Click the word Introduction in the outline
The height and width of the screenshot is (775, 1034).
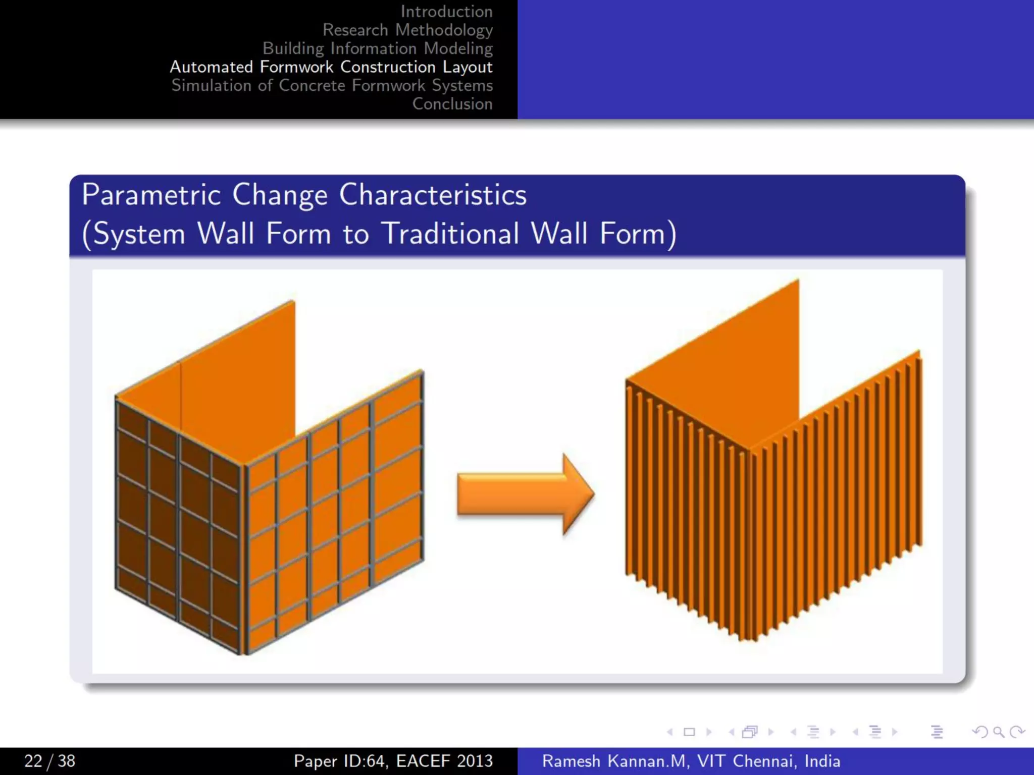coord(446,12)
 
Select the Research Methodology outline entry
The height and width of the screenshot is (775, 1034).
coord(407,30)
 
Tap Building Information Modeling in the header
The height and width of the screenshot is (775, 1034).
coord(377,48)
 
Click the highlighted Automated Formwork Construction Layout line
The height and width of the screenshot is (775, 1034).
coord(331,67)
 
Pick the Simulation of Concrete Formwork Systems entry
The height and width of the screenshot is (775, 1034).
coord(332,85)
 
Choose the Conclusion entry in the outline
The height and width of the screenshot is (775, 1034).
coord(452,104)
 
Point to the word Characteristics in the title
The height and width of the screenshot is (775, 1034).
coord(433,195)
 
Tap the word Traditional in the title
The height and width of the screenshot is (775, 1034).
coord(450,234)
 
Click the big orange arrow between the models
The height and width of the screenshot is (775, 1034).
coord(525,494)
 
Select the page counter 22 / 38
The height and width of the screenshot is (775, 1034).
coord(49,761)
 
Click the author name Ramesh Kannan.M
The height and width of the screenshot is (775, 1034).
coord(614,761)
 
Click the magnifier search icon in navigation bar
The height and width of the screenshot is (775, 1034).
coord(998,732)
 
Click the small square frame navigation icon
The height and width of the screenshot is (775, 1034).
coord(689,732)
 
